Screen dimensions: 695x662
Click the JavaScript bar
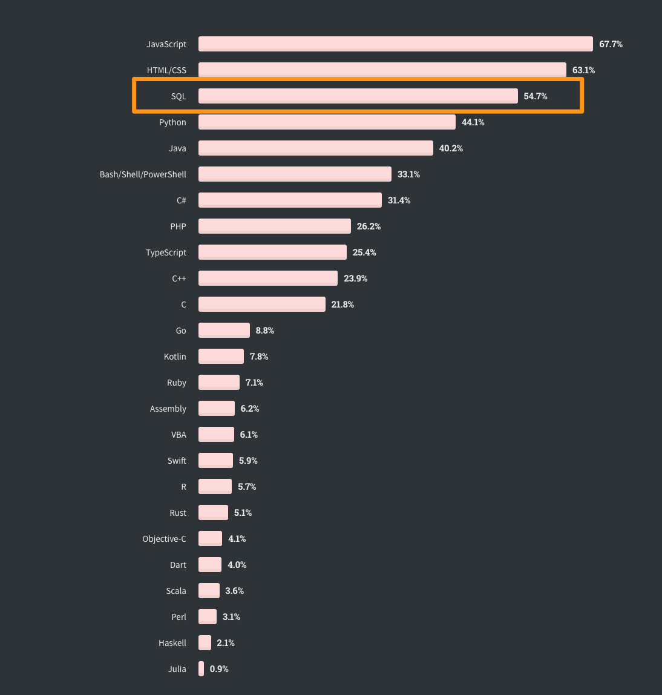coord(395,44)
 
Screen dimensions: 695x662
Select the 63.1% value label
coord(583,70)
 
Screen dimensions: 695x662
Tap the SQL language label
coord(179,96)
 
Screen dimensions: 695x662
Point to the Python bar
coord(327,122)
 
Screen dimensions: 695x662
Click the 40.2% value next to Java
coord(451,148)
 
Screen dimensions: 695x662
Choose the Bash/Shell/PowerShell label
coord(143,174)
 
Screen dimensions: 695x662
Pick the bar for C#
coord(290,200)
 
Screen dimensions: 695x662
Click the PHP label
coord(178,226)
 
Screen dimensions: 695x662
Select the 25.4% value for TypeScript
coord(364,252)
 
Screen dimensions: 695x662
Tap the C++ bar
coord(268,278)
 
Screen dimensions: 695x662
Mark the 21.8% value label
coord(342,305)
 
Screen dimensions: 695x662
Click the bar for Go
coord(224,331)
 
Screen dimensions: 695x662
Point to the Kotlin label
coord(175,357)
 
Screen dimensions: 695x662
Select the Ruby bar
coord(219,383)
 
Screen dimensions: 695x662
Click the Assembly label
coord(168,409)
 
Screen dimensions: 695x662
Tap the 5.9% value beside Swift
coord(248,461)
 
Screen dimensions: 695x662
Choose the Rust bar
coord(213,513)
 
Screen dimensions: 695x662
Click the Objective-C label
coord(164,539)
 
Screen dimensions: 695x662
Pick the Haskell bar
coord(205,643)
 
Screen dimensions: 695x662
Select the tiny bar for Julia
coord(201,669)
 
